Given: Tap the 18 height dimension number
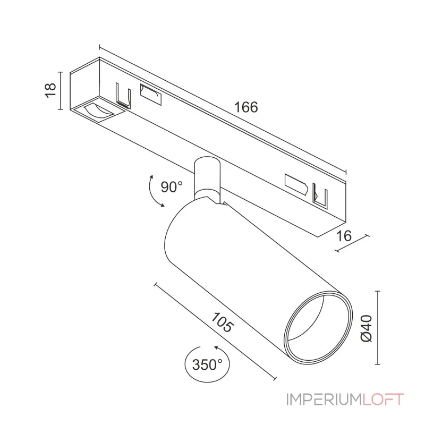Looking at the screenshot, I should pyautogui.click(x=51, y=91).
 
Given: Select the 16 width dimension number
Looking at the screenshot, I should pyautogui.click(x=344, y=236).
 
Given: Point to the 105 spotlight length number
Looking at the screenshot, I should pyautogui.click(x=222, y=323).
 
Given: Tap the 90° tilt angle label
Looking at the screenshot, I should pyautogui.click(x=172, y=186).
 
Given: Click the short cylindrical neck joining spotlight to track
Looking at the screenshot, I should pyautogui.click(x=206, y=176).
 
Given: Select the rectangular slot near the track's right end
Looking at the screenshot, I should pyautogui.click(x=296, y=183).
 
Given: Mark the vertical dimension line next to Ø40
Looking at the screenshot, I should pyautogui.click(x=378, y=328).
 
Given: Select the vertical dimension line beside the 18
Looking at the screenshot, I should pyautogui.click(x=62, y=91).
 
